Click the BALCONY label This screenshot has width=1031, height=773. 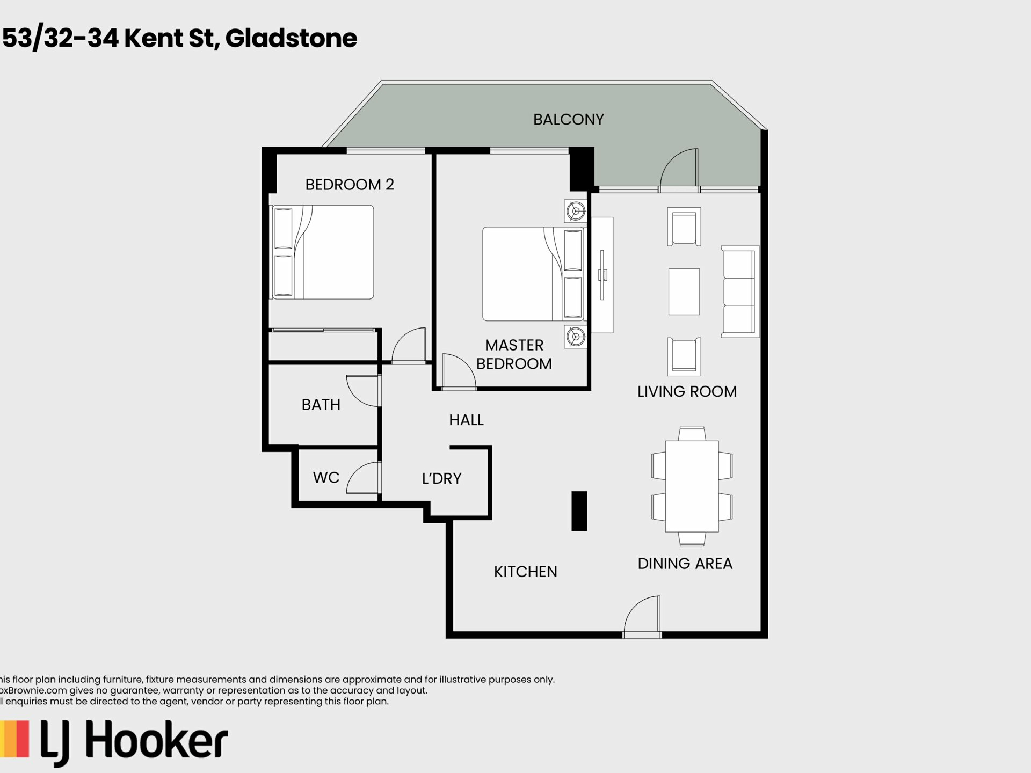coord(568,119)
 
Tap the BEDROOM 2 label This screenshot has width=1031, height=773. coord(350,185)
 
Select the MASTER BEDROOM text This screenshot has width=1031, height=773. coord(514,354)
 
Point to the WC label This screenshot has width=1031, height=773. coord(326,478)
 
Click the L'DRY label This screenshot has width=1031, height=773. coord(441,478)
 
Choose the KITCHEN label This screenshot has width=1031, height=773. coord(525,572)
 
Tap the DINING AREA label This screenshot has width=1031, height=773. coord(685,564)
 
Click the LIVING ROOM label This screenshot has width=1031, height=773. coord(687,392)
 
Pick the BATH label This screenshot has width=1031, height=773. coord(321,405)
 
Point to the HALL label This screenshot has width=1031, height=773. coord(466,420)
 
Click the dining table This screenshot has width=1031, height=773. coord(692,486)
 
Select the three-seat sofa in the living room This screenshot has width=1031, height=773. coord(740,291)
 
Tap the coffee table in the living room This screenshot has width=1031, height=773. coord(684,291)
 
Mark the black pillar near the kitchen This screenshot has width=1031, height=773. coord(579,511)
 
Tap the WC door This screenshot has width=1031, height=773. coord(364,477)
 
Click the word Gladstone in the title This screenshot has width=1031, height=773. coord(291,38)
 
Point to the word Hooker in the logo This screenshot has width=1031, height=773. coord(157,742)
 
